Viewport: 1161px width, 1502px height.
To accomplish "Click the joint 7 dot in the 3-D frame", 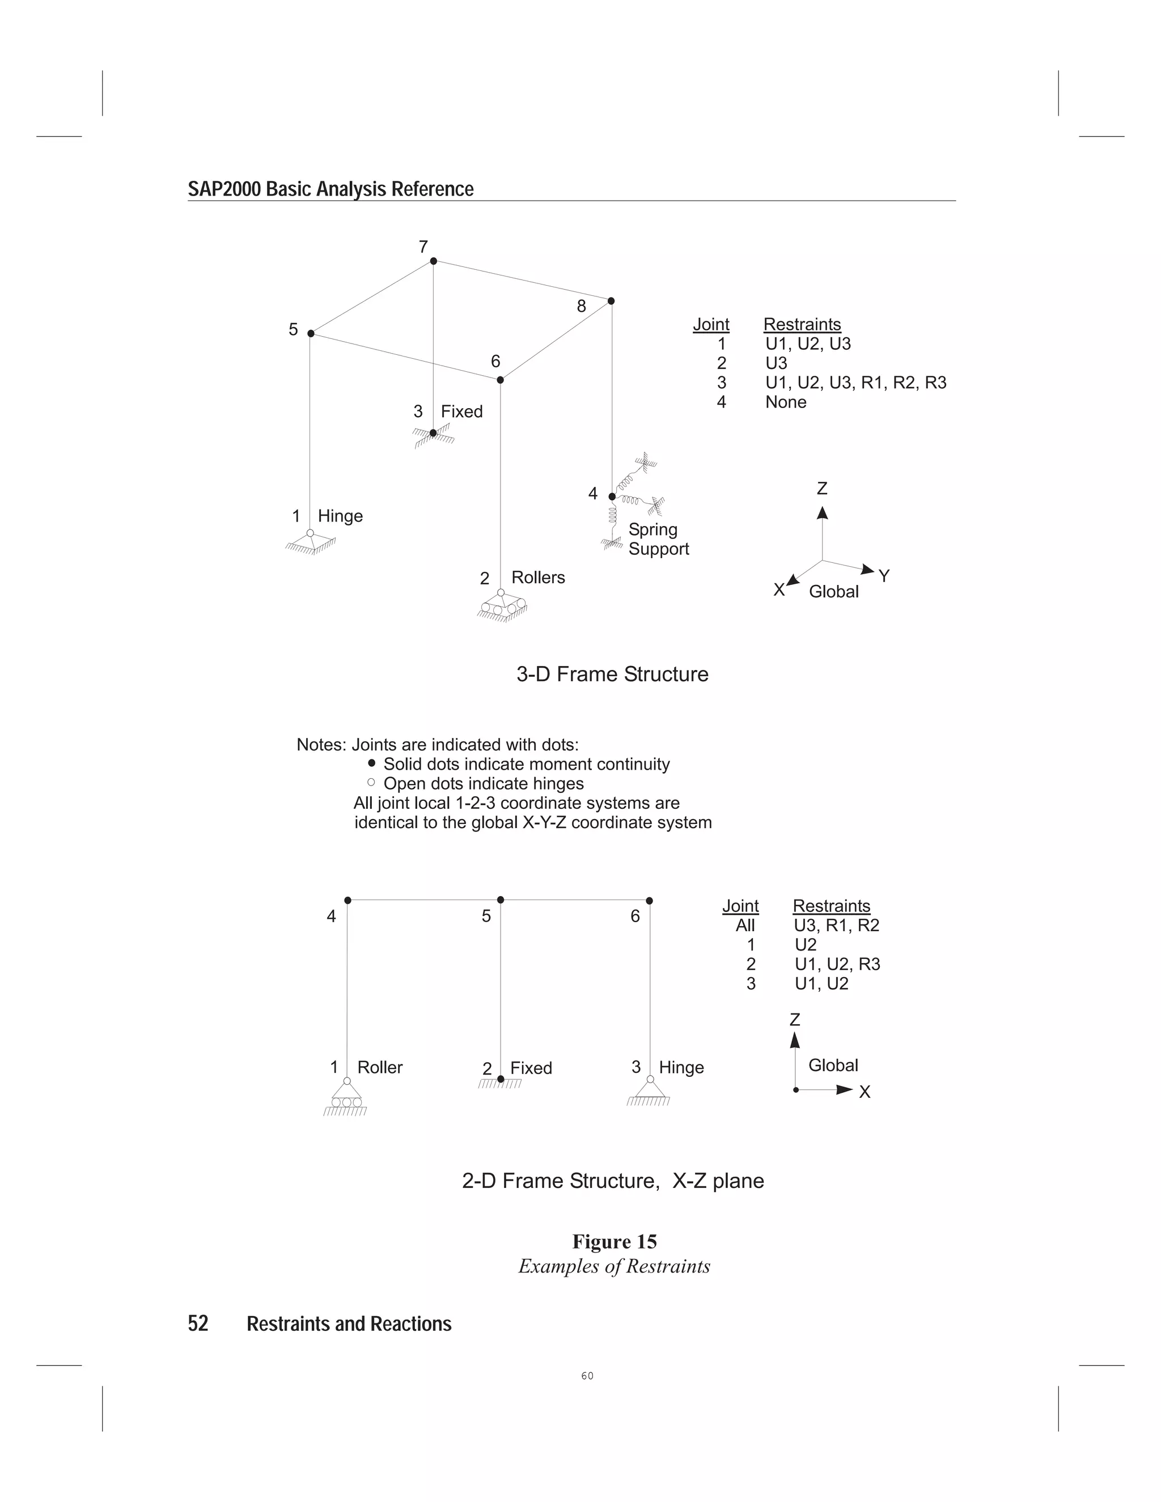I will (x=433, y=261).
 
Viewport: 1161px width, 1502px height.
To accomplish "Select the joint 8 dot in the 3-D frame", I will (x=611, y=300).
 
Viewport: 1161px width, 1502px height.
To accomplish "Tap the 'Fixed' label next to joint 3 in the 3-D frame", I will (x=461, y=411).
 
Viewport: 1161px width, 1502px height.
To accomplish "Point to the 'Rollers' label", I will (x=538, y=577).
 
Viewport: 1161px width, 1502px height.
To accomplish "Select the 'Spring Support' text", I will (x=658, y=539).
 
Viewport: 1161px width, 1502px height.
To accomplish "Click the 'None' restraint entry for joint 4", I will (x=786, y=402).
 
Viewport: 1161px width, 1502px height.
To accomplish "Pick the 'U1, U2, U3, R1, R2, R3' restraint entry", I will (x=855, y=383).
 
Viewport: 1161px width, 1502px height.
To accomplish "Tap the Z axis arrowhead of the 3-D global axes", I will (x=822, y=512).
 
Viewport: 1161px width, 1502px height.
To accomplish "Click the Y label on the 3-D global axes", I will (x=884, y=576).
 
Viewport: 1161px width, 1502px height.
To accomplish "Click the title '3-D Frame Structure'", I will (x=612, y=674).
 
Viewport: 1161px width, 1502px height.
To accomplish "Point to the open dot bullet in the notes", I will (x=371, y=782).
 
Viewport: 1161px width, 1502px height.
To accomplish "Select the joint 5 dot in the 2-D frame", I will (x=500, y=899).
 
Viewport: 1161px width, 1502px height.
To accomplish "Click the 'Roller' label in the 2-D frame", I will (x=380, y=1067).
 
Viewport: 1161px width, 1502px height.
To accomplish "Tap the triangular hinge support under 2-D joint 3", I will (x=649, y=1089).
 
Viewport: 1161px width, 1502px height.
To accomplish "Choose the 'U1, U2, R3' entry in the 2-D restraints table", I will (x=837, y=964).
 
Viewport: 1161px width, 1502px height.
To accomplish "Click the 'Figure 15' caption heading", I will (x=614, y=1241).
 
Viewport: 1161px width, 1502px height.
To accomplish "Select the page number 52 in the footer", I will (x=198, y=1323).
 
